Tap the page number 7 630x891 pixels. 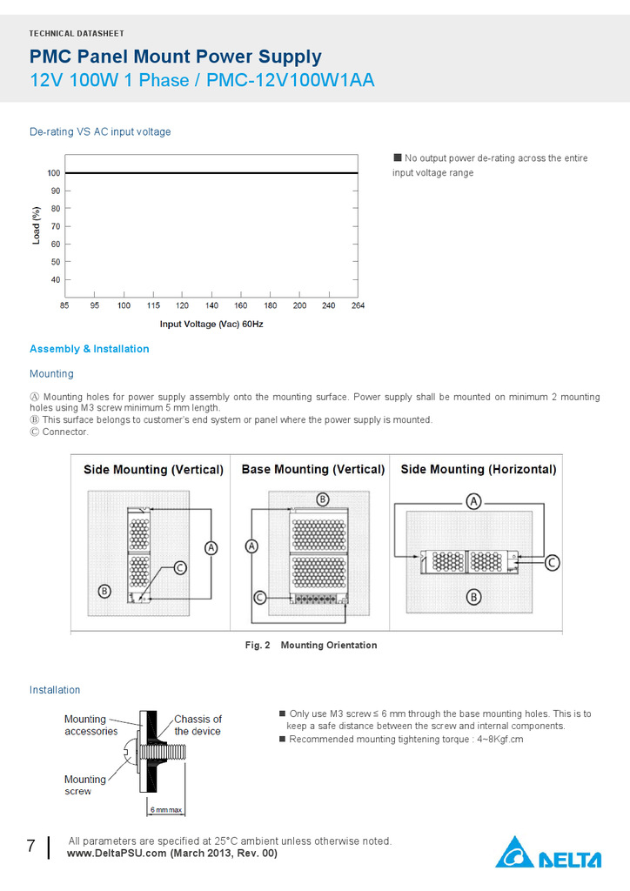click(x=30, y=847)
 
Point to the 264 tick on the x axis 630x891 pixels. click(x=358, y=305)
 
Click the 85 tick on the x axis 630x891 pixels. click(x=65, y=305)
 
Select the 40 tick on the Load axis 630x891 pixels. click(x=54, y=279)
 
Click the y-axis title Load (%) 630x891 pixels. click(x=37, y=224)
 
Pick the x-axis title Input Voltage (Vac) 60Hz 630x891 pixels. click(x=211, y=324)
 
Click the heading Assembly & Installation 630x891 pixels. click(x=90, y=349)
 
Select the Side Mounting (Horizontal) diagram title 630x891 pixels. click(x=478, y=469)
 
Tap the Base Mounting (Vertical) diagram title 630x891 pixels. click(x=312, y=469)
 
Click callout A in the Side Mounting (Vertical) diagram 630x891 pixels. click(x=211, y=547)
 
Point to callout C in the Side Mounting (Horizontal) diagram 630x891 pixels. click(x=552, y=563)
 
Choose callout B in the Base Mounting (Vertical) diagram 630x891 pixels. click(x=322, y=499)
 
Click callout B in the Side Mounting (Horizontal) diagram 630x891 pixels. click(x=474, y=597)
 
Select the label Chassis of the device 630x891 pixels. click(x=198, y=725)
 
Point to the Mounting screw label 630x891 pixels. click(x=84, y=785)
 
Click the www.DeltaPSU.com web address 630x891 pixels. click(x=117, y=854)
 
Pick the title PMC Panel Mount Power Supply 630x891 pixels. click(x=176, y=57)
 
